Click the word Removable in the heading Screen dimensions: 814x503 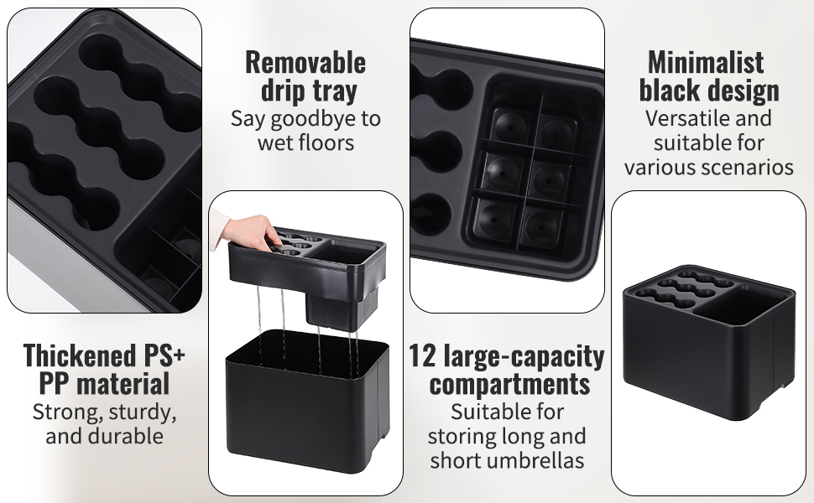coord(305,63)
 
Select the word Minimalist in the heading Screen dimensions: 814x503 coord(706,63)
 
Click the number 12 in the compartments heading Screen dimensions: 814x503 coord(420,356)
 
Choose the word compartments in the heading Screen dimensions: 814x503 coord(509,385)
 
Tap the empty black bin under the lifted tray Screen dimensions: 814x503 coord(307,402)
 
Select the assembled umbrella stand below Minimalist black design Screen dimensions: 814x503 coord(708,343)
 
